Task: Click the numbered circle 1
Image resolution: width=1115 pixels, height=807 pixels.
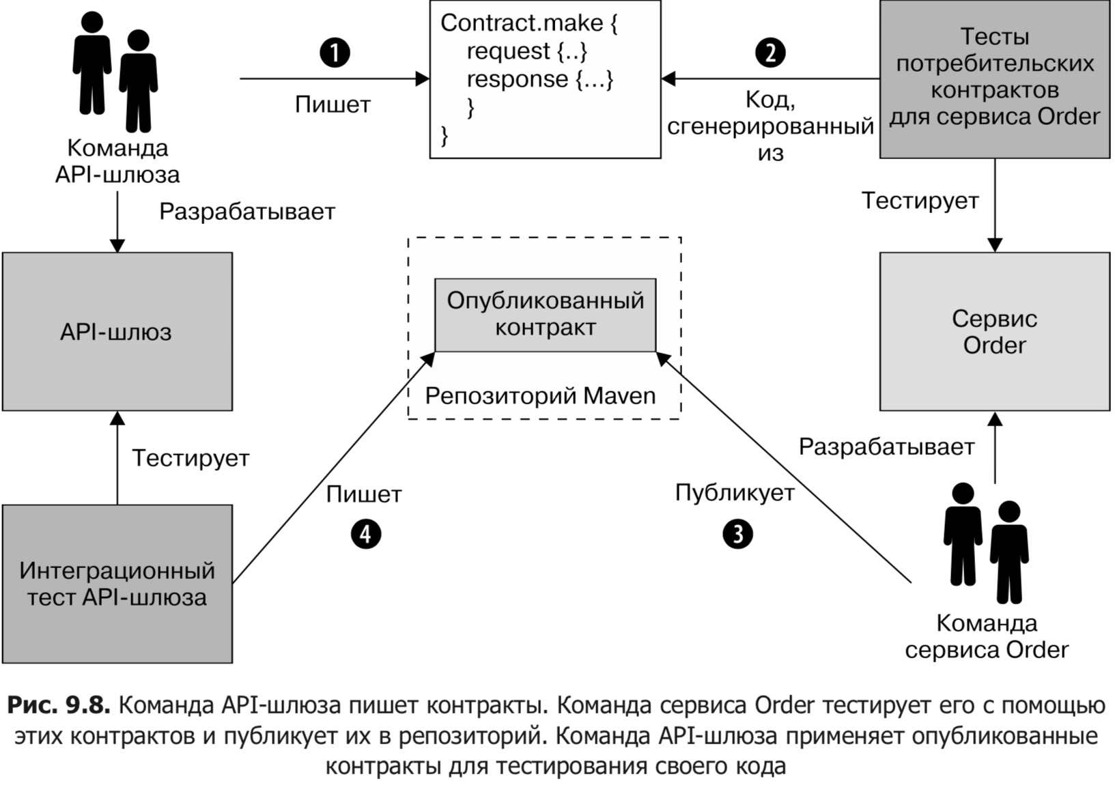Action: click(x=335, y=53)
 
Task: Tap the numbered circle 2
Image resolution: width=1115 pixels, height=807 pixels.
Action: click(x=770, y=53)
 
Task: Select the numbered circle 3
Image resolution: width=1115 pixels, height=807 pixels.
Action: click(x=737, y=533)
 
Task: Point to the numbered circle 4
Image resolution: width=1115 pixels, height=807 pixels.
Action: click(x=366, y=533)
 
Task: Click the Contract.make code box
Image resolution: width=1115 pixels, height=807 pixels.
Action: click(x=545, y=79)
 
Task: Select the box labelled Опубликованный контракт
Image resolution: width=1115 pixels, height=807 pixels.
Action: click(x=545, y=315)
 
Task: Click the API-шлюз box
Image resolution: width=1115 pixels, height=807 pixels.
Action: click(x=117, y=332)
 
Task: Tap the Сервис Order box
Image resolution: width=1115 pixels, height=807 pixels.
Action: click(x=994, y=332)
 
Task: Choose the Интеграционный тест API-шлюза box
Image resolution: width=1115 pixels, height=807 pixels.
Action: click(x=117, y=584)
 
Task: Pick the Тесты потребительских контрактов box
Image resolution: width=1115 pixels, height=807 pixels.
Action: click(x=994, y=79)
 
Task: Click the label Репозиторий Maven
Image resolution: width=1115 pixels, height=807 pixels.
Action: click(x=540, y=396)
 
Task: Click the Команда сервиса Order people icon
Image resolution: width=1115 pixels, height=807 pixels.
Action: click(x=986, y=543)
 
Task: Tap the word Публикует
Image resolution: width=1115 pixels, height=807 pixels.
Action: click(x=735, y=493)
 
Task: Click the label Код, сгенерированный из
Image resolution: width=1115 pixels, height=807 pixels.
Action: click(x=770, y=126)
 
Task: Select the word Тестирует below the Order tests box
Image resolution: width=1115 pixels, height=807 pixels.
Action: click(x=920, y=201)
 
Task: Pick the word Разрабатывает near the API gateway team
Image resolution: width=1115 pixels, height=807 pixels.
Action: click(x=247, y=212)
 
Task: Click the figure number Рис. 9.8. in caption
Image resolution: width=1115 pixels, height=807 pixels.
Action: click(x=59, y=705)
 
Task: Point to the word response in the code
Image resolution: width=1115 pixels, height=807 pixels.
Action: click(x=517, y=79)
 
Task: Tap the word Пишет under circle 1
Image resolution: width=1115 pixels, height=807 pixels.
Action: click(x=333, y=104)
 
